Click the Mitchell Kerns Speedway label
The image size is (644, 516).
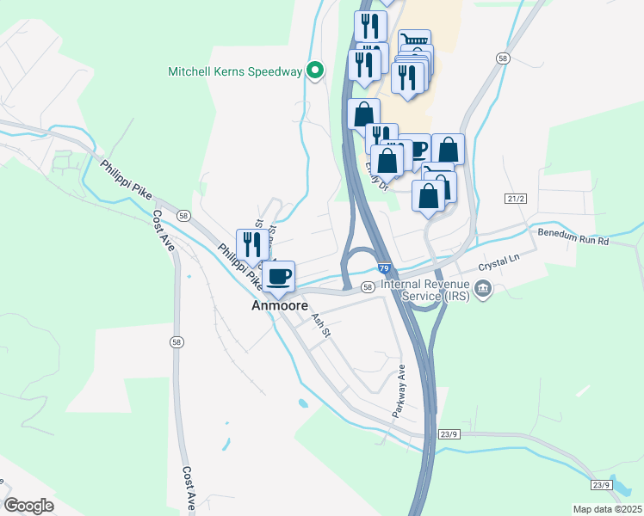[x=236, y=71]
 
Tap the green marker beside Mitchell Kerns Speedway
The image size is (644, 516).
[x=315, y=71]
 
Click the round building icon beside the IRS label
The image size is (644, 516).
[x=483, y=289]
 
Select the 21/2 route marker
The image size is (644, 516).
[x=515, y=199]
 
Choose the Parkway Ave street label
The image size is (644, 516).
[x=399, y=391]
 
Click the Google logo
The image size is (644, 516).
[x=29, y=506]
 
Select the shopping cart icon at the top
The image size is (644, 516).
[x=414, y=40]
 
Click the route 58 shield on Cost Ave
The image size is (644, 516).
[x=176, y=341]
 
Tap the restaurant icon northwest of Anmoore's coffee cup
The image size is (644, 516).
[x=250, y=243]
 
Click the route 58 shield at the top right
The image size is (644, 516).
[x=503, y=58]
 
